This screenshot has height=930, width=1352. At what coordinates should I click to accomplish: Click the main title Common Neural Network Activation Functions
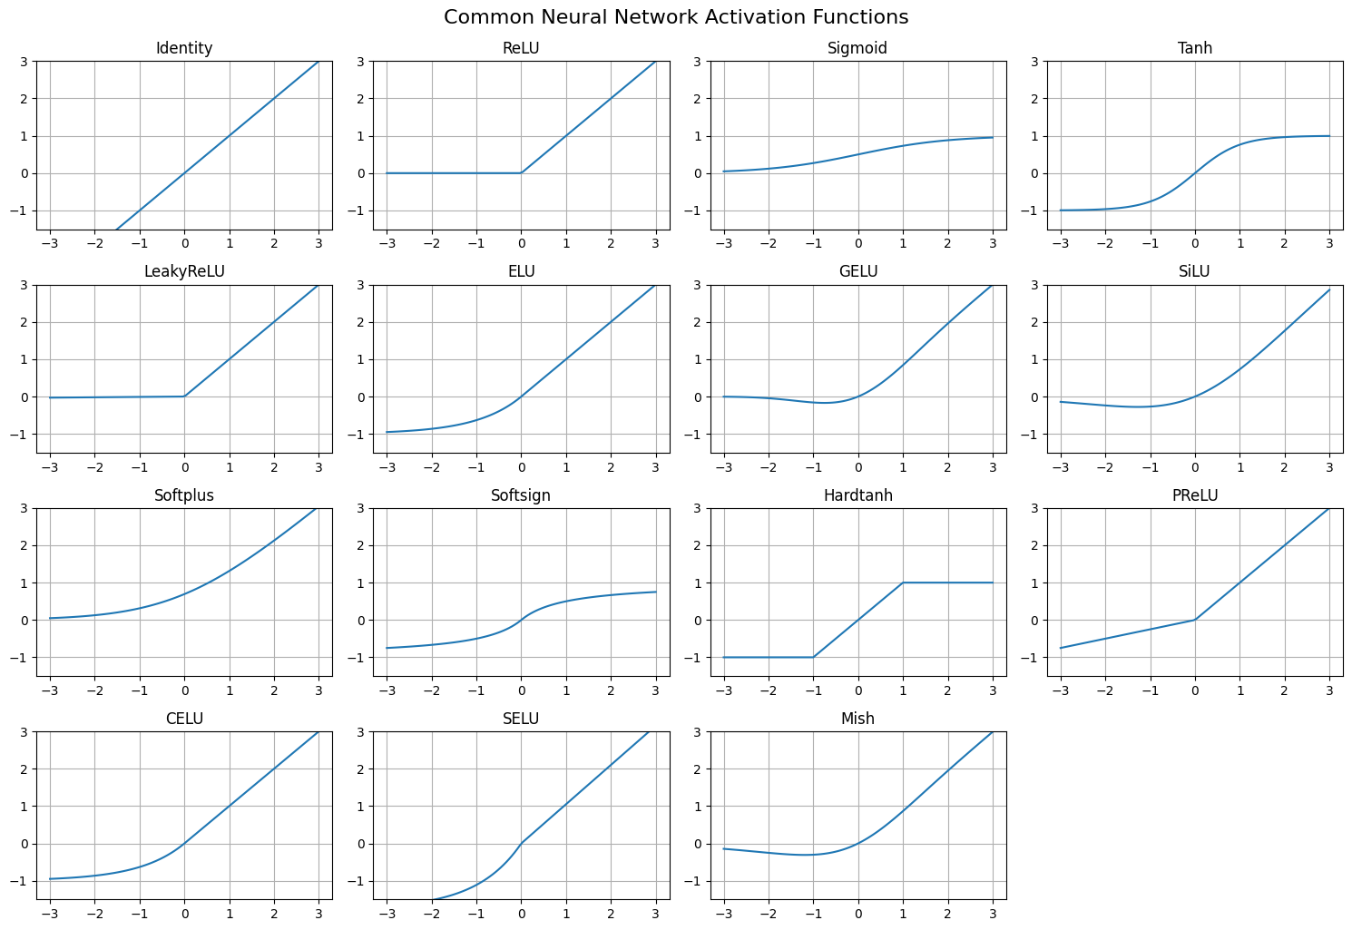coord(676,17)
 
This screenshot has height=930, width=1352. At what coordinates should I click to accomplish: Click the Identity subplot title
coord(184,48)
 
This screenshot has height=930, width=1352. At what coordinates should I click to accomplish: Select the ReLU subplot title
coord(521,48)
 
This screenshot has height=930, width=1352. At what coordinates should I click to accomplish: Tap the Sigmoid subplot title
coord(857,48)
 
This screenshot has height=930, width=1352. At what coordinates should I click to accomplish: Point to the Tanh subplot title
coord(1194,48)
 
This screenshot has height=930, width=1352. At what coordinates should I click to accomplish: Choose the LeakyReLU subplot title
coord(184,271)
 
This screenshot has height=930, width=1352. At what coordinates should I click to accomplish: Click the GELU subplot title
coord(857,271)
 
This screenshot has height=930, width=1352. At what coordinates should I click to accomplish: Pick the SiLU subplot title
coord(1194,271)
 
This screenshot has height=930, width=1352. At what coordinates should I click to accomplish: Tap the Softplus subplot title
coord(184,495)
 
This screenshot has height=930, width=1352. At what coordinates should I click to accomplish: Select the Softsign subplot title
coord(521,495)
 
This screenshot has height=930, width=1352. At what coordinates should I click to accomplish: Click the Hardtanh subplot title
coord(857,495)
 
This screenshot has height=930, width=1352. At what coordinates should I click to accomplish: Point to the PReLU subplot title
coord(1194,495)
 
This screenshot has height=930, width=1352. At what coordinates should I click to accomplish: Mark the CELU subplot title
coord(184,719)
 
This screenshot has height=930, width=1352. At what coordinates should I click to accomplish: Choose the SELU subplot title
coord(521,719)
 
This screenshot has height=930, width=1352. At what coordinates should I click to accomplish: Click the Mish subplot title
coord(857,719)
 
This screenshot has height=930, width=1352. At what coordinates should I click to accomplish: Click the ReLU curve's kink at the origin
coord(521,172)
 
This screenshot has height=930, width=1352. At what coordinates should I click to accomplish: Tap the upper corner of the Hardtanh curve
coord(903,582)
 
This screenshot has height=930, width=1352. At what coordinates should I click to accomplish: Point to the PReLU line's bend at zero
coord(1195,620)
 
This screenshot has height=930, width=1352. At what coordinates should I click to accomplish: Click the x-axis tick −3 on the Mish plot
coord(723,914)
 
